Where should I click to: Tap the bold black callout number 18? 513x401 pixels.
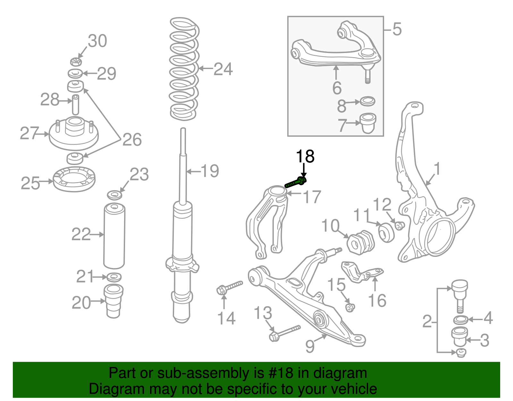click(305, 156)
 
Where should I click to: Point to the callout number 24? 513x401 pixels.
click(223, 69)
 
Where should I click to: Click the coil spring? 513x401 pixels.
click(184, 69)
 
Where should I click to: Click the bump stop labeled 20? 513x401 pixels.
click(113, 301)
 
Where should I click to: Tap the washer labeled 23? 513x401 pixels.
click(114, 195)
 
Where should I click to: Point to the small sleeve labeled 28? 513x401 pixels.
click(75, 104)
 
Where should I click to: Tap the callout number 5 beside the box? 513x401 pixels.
click(397, 29)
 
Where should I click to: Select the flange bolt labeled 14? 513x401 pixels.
click(230, 287)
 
